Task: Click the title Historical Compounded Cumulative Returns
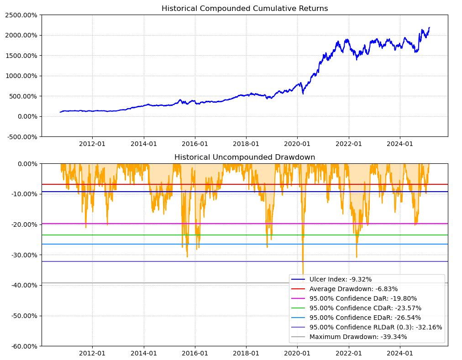click(245, 9)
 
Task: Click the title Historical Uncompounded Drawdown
click(245, 157)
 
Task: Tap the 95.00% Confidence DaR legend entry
click(363, 298)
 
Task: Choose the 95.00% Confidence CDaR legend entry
click(365, 308)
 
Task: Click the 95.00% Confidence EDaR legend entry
click(365, 318)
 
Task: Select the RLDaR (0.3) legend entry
click(376, 327)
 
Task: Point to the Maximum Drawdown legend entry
click(358, 337)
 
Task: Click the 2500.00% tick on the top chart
click(21, 15)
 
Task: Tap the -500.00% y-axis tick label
click(21, 136)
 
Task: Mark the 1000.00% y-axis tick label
click(21, 76)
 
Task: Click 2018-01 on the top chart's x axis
click(246, 143)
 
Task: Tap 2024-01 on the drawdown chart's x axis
click(400, 353)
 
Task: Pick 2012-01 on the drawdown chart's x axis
click(92, 353)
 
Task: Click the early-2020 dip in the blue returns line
click(303, 94)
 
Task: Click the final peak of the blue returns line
click(429, 27)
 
